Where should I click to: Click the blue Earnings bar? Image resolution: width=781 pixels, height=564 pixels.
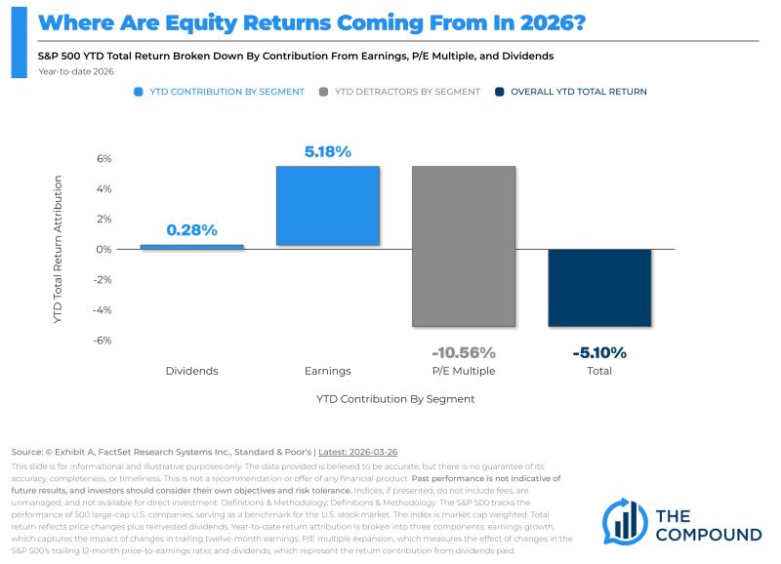(x=327, y=205)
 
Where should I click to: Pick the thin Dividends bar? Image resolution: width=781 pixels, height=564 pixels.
(x=191, y=247)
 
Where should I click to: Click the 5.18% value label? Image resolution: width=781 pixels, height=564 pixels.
(x=327, y=151)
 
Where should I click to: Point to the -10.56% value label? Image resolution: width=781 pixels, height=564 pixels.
(x=463, y=352)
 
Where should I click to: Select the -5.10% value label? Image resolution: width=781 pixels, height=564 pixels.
(x=598, y=352)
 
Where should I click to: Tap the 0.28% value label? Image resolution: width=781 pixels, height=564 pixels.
(x=191, y=230)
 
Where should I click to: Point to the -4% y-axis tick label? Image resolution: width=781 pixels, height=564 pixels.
(x=103, y=310)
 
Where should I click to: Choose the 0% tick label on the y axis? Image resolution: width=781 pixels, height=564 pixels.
(x=104, y=250)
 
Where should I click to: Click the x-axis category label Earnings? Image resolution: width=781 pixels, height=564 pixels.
(x=327, y=371)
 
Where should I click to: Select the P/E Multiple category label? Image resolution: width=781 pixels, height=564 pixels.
(x=463, y=371)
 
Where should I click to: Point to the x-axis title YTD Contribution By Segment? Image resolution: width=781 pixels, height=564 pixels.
(x=395, y=399)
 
